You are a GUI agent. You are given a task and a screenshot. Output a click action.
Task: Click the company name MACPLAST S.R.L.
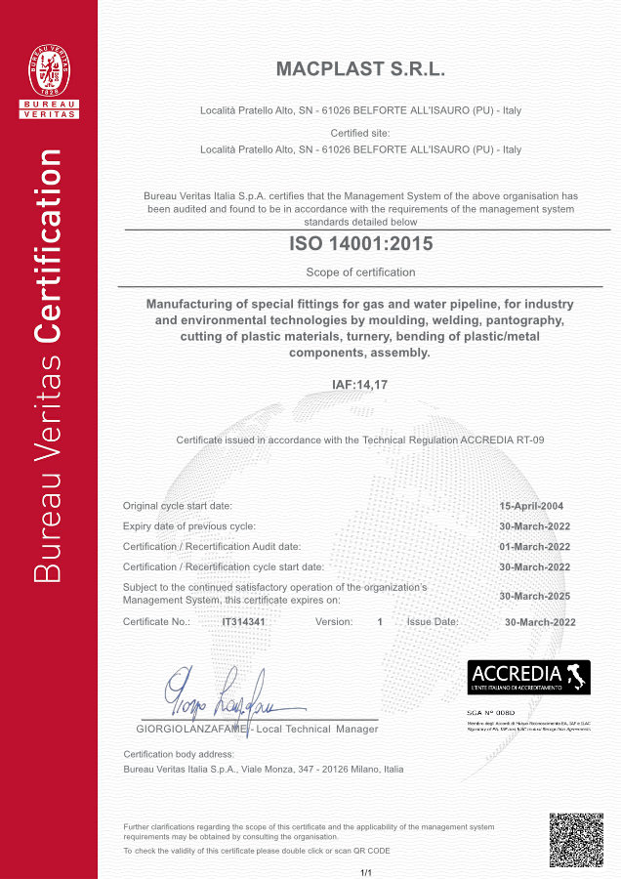click(x=360, y=70)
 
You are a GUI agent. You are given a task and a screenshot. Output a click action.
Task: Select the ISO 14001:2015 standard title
click(x=360, y=244)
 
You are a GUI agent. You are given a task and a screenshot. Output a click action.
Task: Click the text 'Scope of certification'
click(x=360, y=272)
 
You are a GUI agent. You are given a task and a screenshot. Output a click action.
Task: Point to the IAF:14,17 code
click(x=360, y=384)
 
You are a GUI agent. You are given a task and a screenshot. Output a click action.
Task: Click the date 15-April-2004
click(x=531, y=506)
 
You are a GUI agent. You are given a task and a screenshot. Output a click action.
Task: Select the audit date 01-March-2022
click(x=534, y=547)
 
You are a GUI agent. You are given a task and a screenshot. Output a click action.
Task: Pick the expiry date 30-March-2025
click(x=534, y=595)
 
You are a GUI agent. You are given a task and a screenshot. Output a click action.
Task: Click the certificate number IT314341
click(x=244, y=622)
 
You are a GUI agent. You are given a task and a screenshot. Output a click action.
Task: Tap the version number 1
click(x=380, y=622)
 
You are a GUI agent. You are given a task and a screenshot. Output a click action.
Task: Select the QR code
click(x=575, y=839)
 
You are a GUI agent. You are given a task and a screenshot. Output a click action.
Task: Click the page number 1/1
click(x=367, y=871)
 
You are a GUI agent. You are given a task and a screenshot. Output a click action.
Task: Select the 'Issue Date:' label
click(x=433, y=622)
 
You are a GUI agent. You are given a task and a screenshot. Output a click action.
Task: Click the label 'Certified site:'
click(x=360, y=133)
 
